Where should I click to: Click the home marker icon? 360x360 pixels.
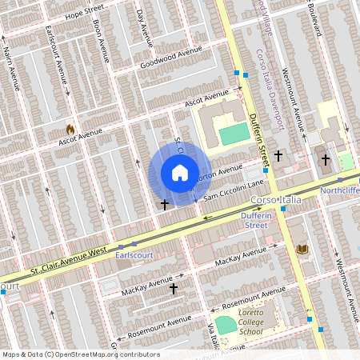click(180, 173)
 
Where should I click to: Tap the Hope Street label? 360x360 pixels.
click(85, 14)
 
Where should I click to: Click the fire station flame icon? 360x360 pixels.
click(70, 128)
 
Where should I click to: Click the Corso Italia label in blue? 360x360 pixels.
click(274, 198)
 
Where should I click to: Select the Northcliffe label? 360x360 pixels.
click(339, 190)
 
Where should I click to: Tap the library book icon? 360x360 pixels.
click(302, 250)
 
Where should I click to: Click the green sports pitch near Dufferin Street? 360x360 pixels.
click(234, 134)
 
